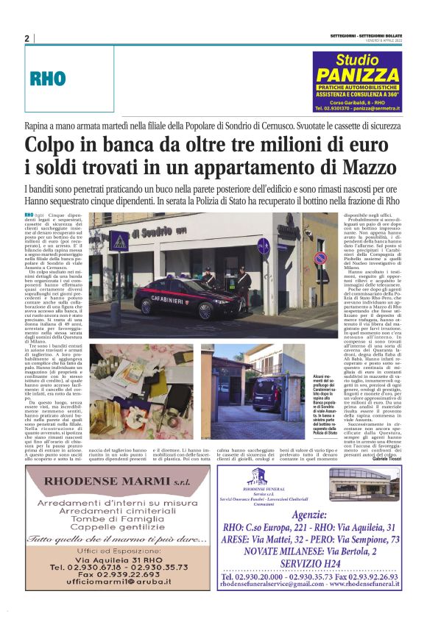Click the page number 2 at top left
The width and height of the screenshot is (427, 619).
pyautogui.click(x=27, y=38)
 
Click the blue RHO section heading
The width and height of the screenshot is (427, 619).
pyautogui.click(x=48, y=78)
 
